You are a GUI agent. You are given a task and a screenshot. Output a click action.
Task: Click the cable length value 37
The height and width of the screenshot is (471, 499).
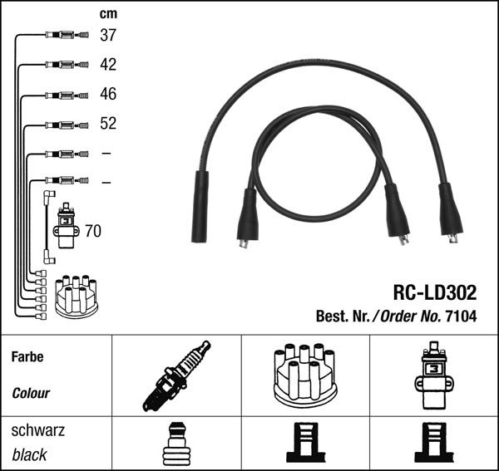coord(108,35)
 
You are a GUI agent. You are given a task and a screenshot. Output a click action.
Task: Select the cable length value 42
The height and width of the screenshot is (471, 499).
coord(108,65)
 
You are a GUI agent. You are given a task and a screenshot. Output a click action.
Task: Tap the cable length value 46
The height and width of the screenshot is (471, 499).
coord(108,95)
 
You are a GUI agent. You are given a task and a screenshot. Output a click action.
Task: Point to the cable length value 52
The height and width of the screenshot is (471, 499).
coord(108,124)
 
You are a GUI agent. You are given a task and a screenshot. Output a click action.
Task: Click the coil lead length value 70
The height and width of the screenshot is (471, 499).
coord(93,231)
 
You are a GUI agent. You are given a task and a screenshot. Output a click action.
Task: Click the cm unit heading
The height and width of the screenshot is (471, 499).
coord(108,13)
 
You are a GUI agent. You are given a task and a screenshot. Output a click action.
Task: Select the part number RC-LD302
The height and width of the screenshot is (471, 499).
coord(435,293)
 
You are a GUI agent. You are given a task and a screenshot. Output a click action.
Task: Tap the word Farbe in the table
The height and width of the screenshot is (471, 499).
coord(27,356)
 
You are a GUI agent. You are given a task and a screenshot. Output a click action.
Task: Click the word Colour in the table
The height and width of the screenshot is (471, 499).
coord(31,393)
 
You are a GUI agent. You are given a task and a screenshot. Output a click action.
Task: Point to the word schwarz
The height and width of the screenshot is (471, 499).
coord(37,431)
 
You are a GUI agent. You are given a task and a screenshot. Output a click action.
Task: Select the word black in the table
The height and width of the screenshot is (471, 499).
coord(29,454)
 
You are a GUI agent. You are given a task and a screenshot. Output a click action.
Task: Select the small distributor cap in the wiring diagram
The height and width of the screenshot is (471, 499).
coord(75,296)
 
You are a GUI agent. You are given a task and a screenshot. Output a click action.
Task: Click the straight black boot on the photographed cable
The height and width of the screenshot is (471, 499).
coord(200,207)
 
